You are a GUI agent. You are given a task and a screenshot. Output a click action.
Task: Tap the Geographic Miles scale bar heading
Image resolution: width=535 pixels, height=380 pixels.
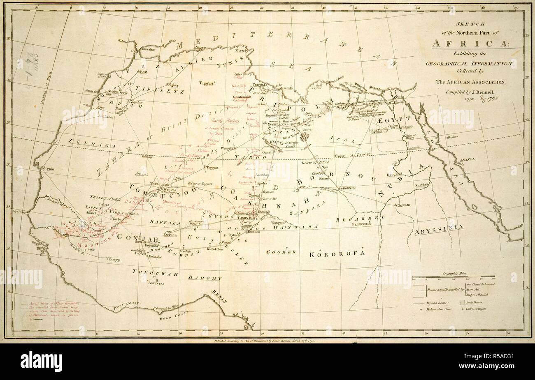pyautogui.click(x=457, y=273)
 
